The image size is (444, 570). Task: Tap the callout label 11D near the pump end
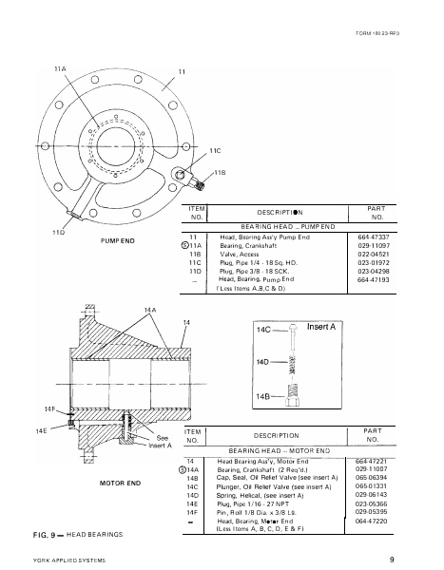pos(57,232)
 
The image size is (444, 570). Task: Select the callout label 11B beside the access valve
pos(220,172)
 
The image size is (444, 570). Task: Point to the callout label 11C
pos(215,151)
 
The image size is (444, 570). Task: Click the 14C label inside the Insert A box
pos(265,329)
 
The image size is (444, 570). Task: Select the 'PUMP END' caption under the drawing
pos(120,241)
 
